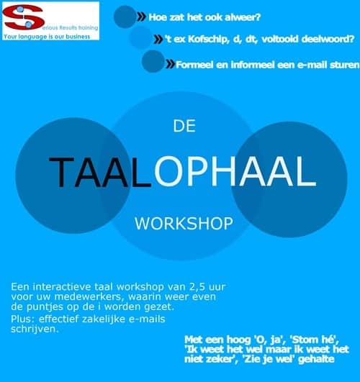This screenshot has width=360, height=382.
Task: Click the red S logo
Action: [24, 17]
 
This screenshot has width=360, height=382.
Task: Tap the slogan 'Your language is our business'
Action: [47, 37]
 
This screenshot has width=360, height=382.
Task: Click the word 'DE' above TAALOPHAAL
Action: [184, 126]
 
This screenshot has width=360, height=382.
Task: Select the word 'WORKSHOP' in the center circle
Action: [184, 223]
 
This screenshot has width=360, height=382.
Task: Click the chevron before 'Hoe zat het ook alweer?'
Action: [141, 17]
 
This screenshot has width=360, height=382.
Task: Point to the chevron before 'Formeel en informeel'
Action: [170, 64]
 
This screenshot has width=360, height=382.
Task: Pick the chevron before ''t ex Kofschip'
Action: [158, 39]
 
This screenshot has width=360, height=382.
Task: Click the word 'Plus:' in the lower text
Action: [24, 319]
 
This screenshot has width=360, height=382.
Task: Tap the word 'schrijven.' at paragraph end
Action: [35, 329]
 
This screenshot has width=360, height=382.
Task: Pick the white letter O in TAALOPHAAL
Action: [168, 171]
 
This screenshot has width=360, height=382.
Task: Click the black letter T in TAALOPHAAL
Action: [61, 172]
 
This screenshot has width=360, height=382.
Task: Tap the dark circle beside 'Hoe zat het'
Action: [125, 17]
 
